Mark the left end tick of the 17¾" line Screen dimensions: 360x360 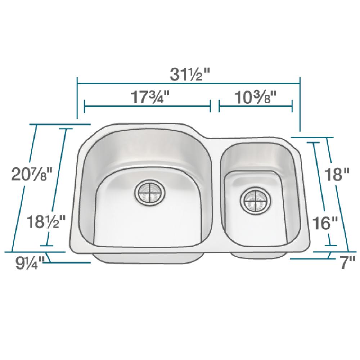click(x=84, y=107)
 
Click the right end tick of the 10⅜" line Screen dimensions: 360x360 click(x=292, y=107)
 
